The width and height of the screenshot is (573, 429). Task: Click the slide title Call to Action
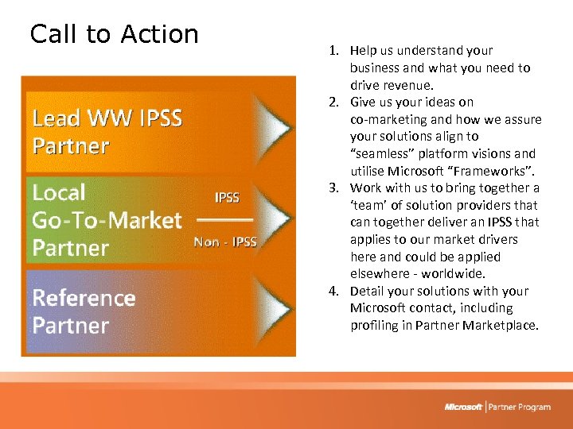pos(114,34)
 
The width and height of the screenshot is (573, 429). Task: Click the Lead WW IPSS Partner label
pos(107,132)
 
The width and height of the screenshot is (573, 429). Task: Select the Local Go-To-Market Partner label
pos(107,220)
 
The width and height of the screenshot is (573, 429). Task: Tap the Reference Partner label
pos(84,311)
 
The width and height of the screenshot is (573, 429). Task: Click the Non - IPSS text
pos(225,242)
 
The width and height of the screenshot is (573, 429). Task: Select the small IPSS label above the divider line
pos(227,197)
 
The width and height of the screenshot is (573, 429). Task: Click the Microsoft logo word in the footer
pos(463,407)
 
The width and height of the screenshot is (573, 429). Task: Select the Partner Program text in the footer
pos(520,407)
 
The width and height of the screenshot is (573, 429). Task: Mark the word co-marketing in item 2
pos(386,120)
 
